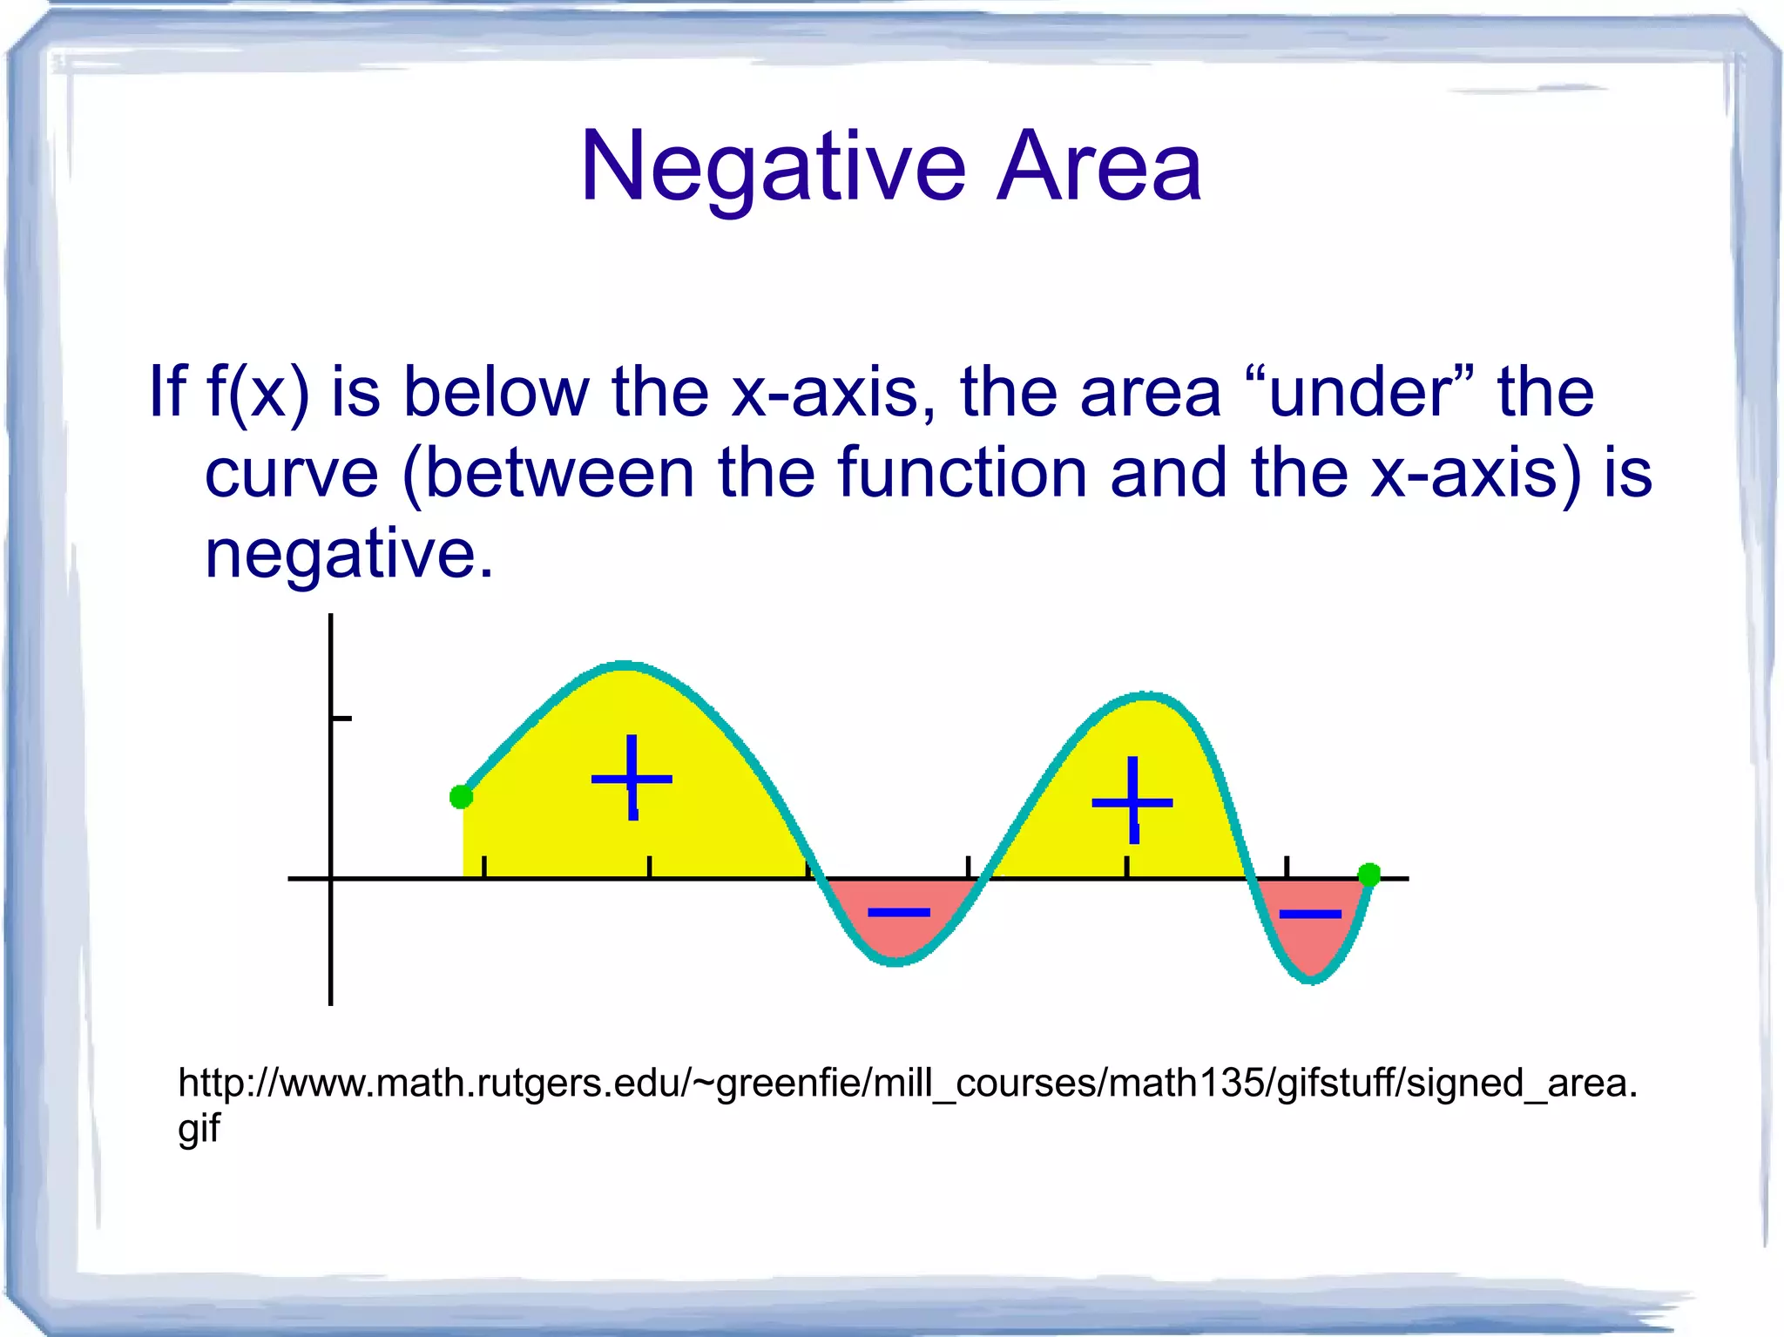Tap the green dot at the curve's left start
click(x=461, y=796)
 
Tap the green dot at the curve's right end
click(x=1368, y=874)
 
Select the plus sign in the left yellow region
click(x=632, y=778)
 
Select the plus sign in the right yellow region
click(x=1132, y=801)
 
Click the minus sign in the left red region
click(x=899, y=912)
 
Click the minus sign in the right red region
click(x=1309, y=914)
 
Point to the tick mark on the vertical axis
click(x=341, y=719)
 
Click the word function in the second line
click(x=963, y=473)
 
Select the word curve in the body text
click(x=292, y=473)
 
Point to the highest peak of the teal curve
click(x=624, y=665)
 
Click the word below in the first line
click(x=497, y=391)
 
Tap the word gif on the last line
click(x=199, y=1128)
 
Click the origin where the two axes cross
click(x=331, y=879)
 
